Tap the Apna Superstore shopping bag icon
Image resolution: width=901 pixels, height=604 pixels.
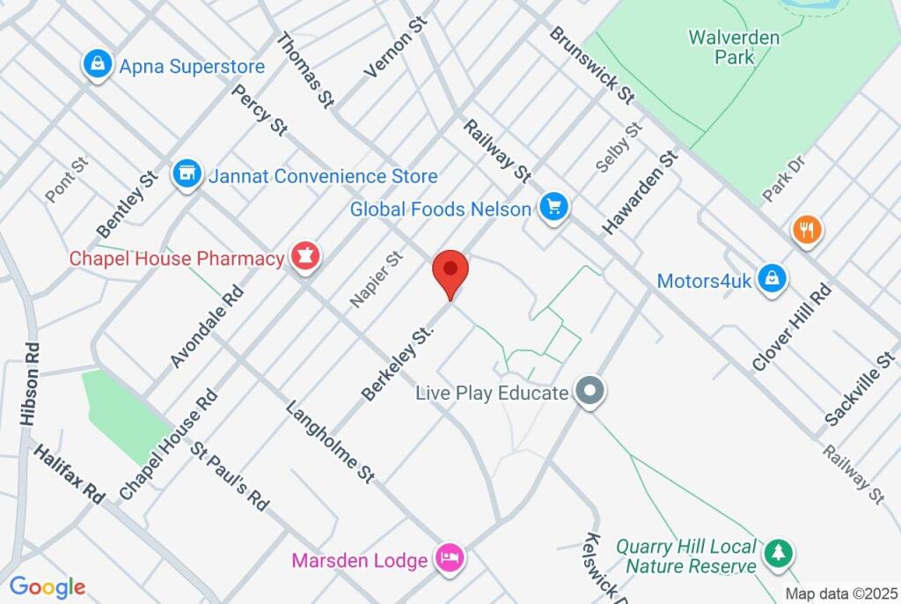pyautogui.click(x=96, y=64)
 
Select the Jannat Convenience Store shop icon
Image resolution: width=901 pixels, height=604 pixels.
pyautogui.click(x=186, y=173)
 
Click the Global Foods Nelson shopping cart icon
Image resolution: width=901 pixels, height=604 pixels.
pyautogui.click(x=554, y=207)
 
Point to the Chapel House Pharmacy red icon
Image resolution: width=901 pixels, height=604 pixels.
pyautogui.click(x=305, y=257)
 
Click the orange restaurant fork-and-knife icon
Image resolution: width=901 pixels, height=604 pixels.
pyautogui.click(x=806, y=231)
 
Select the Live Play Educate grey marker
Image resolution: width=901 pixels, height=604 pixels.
pyautogui.click(x=589, y=391)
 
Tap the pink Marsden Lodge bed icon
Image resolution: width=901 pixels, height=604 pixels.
pyautogui.click(x=450, y=558)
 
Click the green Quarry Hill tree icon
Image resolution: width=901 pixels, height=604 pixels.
pyautogui.click(x=778, y=553)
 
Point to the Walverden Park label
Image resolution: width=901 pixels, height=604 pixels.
pyautogui.click(x=734, y=47)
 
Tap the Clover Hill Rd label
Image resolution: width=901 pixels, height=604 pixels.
pyautogui.click(x=792, y=327)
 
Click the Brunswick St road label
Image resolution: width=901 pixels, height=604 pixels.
pyautogui.click(x=591, y=63)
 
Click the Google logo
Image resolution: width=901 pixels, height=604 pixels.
pyautogui.click(x=47, y=587)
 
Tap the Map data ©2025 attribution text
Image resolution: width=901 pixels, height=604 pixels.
pyautogui.click(x=839, y=593)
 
